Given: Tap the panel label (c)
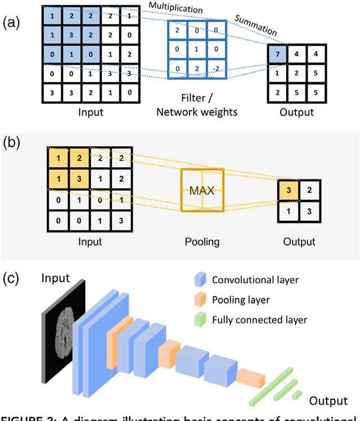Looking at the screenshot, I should pyautogui.click(x=12, y=279).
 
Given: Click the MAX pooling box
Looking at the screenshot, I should pyautogui.click(x=201, y=190).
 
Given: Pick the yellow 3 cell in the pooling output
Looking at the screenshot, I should pyautogui.click(x=289, y=191).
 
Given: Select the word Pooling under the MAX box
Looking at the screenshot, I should pyautogui.click(x=201, y=242).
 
